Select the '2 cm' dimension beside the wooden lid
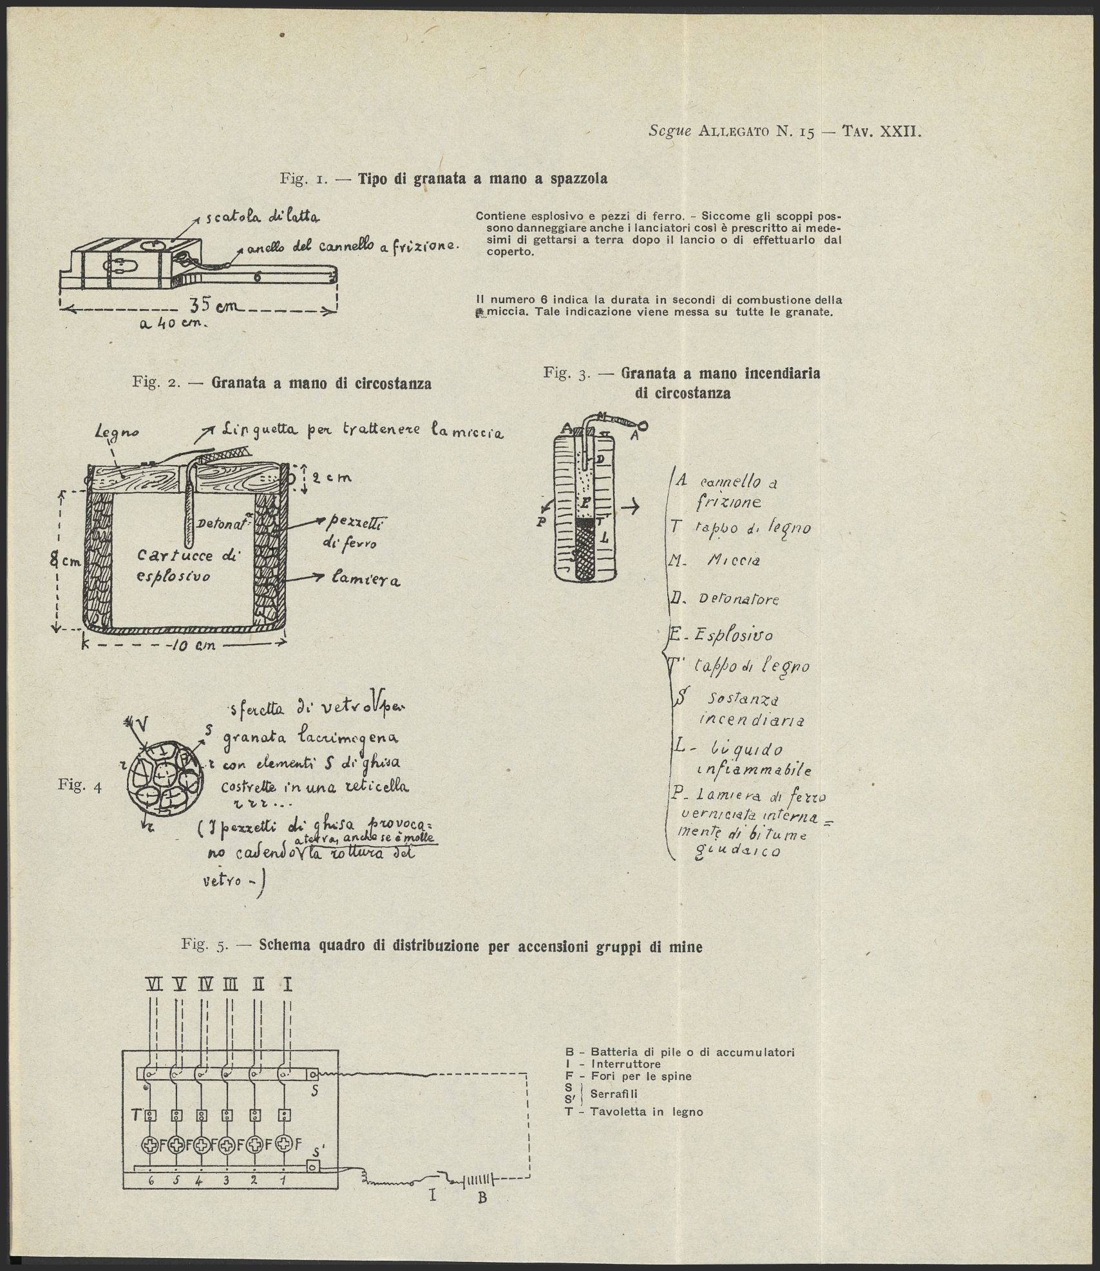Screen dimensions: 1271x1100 [332, 478]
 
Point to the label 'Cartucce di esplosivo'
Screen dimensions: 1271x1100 [184, 564]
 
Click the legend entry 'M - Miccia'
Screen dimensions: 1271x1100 [715, 560]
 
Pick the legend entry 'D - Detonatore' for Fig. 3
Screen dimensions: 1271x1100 [724, 599]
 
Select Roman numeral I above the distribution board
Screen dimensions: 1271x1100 [288, 984]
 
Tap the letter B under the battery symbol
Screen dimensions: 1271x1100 [479, 1196]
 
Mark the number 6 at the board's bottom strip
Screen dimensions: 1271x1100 [151, 1181]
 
